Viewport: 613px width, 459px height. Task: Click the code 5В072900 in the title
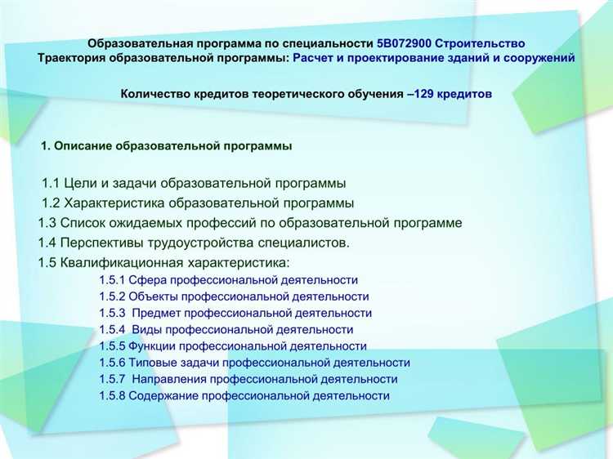405,42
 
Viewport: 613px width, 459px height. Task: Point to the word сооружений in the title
544,59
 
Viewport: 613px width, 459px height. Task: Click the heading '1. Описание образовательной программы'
167,146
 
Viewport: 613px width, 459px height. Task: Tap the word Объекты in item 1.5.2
154,296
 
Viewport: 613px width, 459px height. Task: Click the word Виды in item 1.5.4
145,329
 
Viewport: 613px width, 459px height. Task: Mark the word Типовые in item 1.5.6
153,363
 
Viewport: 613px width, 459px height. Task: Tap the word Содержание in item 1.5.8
162,395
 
